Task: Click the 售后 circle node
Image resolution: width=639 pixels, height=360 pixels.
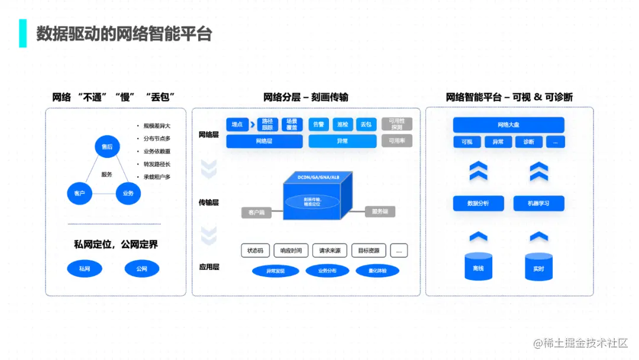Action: point(107,146)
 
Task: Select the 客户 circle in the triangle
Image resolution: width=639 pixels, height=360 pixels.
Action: point(79,193)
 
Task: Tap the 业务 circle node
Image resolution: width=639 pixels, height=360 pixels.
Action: point(128,193)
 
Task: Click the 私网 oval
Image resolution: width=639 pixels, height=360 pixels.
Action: point(85,269)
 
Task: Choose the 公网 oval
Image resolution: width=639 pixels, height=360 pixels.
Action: point(141,269)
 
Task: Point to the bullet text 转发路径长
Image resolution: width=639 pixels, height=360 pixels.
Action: point(157,164)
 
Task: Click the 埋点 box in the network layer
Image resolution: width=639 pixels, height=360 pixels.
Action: point(237,124)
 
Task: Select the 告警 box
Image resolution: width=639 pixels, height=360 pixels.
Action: point(318,124)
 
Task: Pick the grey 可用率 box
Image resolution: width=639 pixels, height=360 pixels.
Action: point(396,142)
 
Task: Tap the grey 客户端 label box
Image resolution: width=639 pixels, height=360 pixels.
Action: point(256,212)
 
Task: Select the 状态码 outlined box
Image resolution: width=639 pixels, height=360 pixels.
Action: point(256,250)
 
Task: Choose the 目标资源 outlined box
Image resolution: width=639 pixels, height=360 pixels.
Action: point(369,250)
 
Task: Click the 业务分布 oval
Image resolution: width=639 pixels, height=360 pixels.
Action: point(327,271)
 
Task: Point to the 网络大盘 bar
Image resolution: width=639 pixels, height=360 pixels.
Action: point(508,125)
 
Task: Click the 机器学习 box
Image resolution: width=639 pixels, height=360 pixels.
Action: point(538,203)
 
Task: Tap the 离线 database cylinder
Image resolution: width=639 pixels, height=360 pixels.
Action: point(478,267)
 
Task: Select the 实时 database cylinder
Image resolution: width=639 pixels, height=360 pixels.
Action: point(538,267)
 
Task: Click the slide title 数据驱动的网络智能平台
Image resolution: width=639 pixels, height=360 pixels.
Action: point(124,33)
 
